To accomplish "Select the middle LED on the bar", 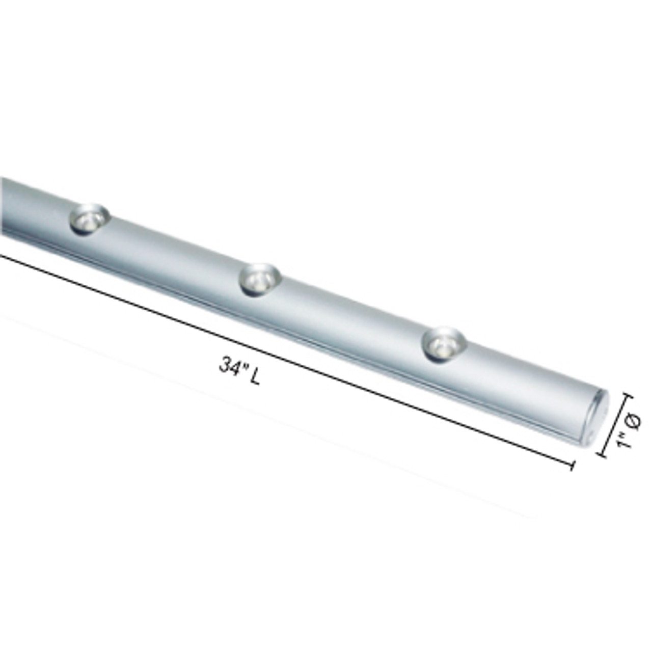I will pyautogui.click(x=260, y=279).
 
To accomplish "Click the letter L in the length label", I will pyautogui.click(x=255, y=377).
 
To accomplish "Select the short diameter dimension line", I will pyautogui.click(x=615, y=425).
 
